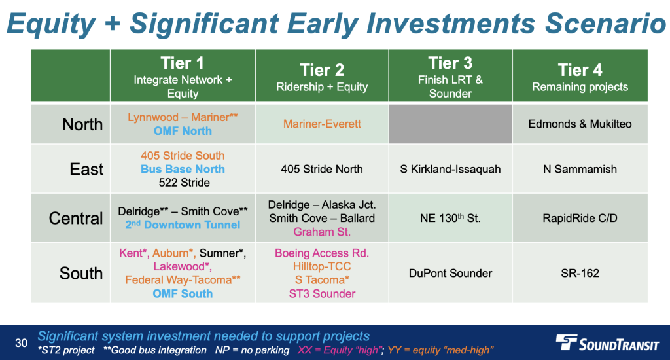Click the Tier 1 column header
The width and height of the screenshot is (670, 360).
(183, 76)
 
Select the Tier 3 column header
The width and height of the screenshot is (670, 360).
(450, 76)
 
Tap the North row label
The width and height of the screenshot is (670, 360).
(82, 124)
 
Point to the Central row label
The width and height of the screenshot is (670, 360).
(76, 218)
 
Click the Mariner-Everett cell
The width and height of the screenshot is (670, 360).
(322, 124)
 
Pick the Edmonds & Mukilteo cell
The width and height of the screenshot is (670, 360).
(580, 124)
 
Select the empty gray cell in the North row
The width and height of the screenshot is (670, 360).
(450, 124)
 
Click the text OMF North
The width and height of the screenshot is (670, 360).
(183, 131)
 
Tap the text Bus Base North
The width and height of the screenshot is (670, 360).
(183, 169)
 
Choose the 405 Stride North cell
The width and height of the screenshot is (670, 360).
(322, 169)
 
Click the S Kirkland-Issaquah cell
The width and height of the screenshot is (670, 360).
(450, 170)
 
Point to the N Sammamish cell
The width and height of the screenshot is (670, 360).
(580, 169)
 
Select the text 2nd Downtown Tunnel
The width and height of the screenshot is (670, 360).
(183, 225)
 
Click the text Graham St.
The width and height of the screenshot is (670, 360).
(322, 232)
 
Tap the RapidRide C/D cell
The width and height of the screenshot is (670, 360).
(580, 218)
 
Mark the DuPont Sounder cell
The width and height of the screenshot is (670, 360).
(450, 273)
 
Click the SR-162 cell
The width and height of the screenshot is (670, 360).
(580, 273)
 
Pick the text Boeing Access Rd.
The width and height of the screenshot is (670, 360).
(322, 253)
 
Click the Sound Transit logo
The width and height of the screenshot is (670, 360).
(607, 343)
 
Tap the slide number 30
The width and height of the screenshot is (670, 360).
(22, 343)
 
